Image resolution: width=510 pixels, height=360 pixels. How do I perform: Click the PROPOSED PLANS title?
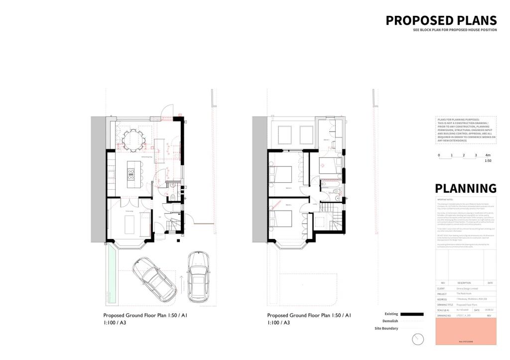point(441,20)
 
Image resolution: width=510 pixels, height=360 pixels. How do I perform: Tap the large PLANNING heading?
point(466,188)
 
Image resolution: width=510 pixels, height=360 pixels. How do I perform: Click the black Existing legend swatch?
point(411,314)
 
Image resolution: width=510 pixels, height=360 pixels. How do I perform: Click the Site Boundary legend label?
point(386,329)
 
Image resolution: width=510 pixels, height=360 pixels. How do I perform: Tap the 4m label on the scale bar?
point(488,155)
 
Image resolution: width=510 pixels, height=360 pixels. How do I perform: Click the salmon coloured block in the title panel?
point(466,331)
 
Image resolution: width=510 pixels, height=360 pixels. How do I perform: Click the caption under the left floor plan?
point(145,319)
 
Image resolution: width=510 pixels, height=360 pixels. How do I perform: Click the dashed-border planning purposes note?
point(466,130)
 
